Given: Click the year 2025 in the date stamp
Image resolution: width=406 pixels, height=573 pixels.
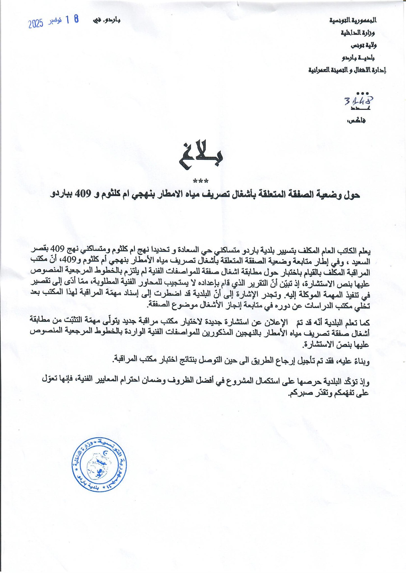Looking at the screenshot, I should pos(36,24).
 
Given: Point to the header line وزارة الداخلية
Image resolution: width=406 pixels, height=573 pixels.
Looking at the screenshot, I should pos(358,33).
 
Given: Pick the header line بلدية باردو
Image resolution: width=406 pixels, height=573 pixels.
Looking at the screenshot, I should pos(358,58).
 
